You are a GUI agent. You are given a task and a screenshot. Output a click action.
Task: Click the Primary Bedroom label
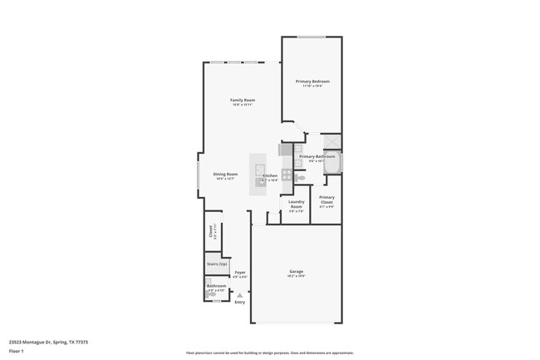point(312,81)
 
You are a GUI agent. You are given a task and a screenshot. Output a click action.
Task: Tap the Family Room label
point(242,101)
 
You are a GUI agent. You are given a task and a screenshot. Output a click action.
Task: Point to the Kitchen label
point(271,176)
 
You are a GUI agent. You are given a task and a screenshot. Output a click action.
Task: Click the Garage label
point(296,272)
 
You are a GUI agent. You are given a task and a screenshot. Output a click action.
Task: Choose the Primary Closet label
point(326,199)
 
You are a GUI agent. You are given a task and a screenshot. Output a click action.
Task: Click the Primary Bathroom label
point(317,156)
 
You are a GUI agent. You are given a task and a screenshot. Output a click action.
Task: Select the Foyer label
point(239,272)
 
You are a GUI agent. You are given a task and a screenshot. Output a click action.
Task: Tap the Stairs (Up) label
point(217,264)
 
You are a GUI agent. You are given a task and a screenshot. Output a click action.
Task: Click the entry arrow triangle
point(240,294)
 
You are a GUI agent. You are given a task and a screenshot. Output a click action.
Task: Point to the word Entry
point(240,302)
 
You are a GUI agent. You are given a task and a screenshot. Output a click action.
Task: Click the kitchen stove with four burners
point(287,175)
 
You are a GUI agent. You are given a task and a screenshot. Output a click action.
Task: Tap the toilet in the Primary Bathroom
point(302,178)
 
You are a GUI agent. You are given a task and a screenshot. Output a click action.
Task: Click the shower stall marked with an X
point(331,141)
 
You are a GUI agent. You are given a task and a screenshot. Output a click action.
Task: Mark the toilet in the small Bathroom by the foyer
point(211,293)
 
